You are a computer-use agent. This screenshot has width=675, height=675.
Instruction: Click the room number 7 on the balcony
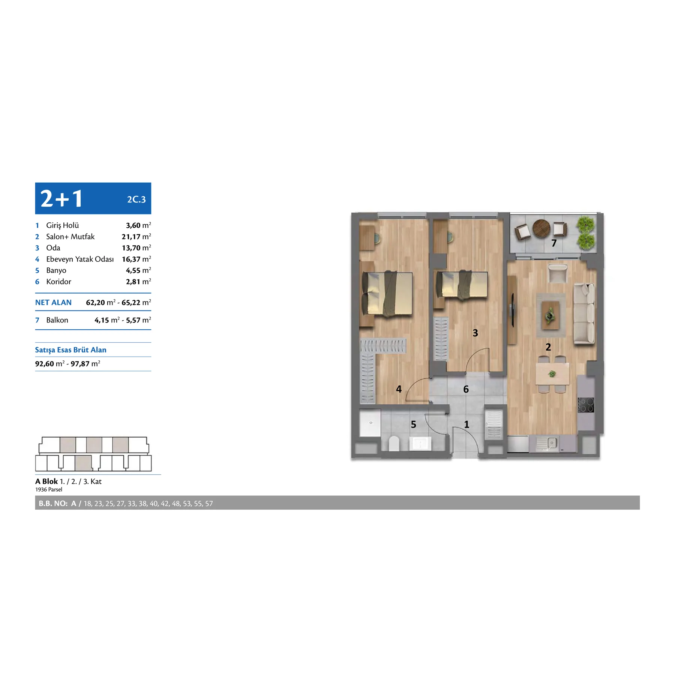pos(554,243)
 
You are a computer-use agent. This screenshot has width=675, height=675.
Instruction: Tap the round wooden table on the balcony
pos(541,228)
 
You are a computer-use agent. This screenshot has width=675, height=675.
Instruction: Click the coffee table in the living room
pos(550,315)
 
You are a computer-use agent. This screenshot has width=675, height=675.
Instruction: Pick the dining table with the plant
pos(552,374)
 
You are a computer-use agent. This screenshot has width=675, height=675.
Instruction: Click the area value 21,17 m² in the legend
pos(136,237)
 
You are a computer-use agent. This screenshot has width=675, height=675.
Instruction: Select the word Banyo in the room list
pos(56,270)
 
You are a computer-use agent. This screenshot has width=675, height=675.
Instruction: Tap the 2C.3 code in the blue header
pos(136,199)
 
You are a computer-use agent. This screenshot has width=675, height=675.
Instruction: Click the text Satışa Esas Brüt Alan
pos(71,350)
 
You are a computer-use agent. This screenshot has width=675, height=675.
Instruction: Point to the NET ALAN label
pos(53,303)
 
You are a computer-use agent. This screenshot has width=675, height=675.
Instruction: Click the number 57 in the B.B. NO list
pos(209,504)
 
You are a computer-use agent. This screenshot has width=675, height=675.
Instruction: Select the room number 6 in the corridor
pos(466,389)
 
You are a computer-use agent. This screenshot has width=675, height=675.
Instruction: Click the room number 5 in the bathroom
pos(414,424)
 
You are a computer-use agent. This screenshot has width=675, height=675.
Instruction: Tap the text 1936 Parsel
pos(49,489)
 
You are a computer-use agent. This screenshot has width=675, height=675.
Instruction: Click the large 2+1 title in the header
pos(61,198)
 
